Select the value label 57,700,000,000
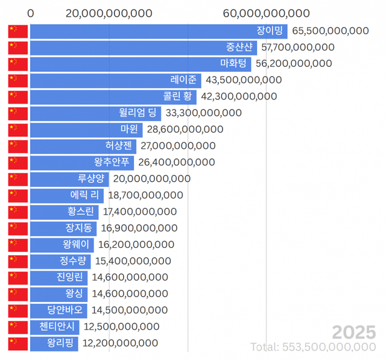click(298, 47)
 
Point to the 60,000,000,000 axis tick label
click(266, 13)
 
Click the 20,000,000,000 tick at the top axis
click(109, 13)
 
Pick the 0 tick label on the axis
click(31, 13)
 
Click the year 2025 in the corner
click(354, 332)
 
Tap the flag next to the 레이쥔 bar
click(18, 80)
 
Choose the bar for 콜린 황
click(113, 96)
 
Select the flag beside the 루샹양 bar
click(18, 178)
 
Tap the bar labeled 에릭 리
click(66, 195)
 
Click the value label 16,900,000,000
click(139, 228)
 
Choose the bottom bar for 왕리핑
click(54, 343)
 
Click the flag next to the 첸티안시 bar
click(18, 327)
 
